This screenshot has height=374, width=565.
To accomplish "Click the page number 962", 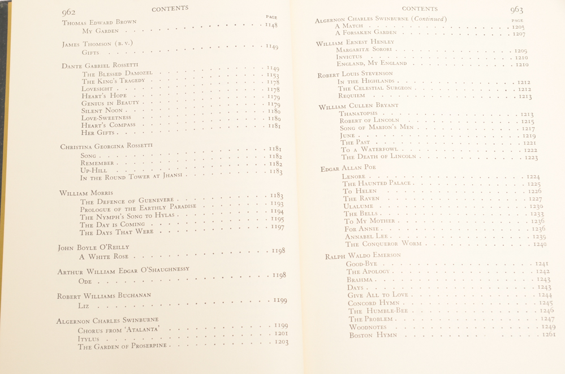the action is [x=68, y=12].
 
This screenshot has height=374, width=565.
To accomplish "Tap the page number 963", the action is [x=516, y=10].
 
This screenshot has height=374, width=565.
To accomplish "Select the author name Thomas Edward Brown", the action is [x=99, y=22].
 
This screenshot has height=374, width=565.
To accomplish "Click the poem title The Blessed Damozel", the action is [x=117, y=73].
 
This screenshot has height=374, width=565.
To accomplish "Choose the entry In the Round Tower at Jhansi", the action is [x=132, y=177].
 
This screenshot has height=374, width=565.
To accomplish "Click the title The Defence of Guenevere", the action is [x=128, y=201].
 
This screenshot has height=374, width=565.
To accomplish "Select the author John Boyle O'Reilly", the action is [x=93, y=247].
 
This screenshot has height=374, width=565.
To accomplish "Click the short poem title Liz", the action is [x=83, y=306].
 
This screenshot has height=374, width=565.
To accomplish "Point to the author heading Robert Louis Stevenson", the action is [x=355, y=73].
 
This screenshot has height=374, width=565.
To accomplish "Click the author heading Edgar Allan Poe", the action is [x=348, y=168].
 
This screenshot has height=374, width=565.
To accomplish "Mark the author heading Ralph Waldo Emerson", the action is [x=363, y=256].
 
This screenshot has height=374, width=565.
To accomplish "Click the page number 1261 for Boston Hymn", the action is [x=547, y=334].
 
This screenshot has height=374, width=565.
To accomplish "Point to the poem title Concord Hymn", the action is [x=373, y=303].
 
